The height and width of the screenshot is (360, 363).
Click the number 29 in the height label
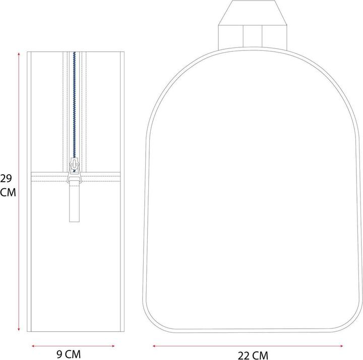6,178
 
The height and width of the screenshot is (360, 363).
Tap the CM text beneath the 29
8,193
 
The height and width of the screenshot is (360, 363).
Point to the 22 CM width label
253,355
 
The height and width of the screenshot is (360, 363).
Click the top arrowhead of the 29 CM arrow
19,54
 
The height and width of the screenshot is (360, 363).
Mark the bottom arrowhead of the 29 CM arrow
19,331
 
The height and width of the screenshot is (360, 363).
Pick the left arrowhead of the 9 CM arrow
33,346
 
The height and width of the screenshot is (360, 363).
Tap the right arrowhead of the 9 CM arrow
114,346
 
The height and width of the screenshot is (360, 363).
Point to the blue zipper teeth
75,101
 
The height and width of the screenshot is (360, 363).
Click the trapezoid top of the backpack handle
252,12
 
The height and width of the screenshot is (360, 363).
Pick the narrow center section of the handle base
252,37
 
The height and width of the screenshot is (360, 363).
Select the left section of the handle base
231,37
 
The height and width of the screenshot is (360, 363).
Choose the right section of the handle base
272,37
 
